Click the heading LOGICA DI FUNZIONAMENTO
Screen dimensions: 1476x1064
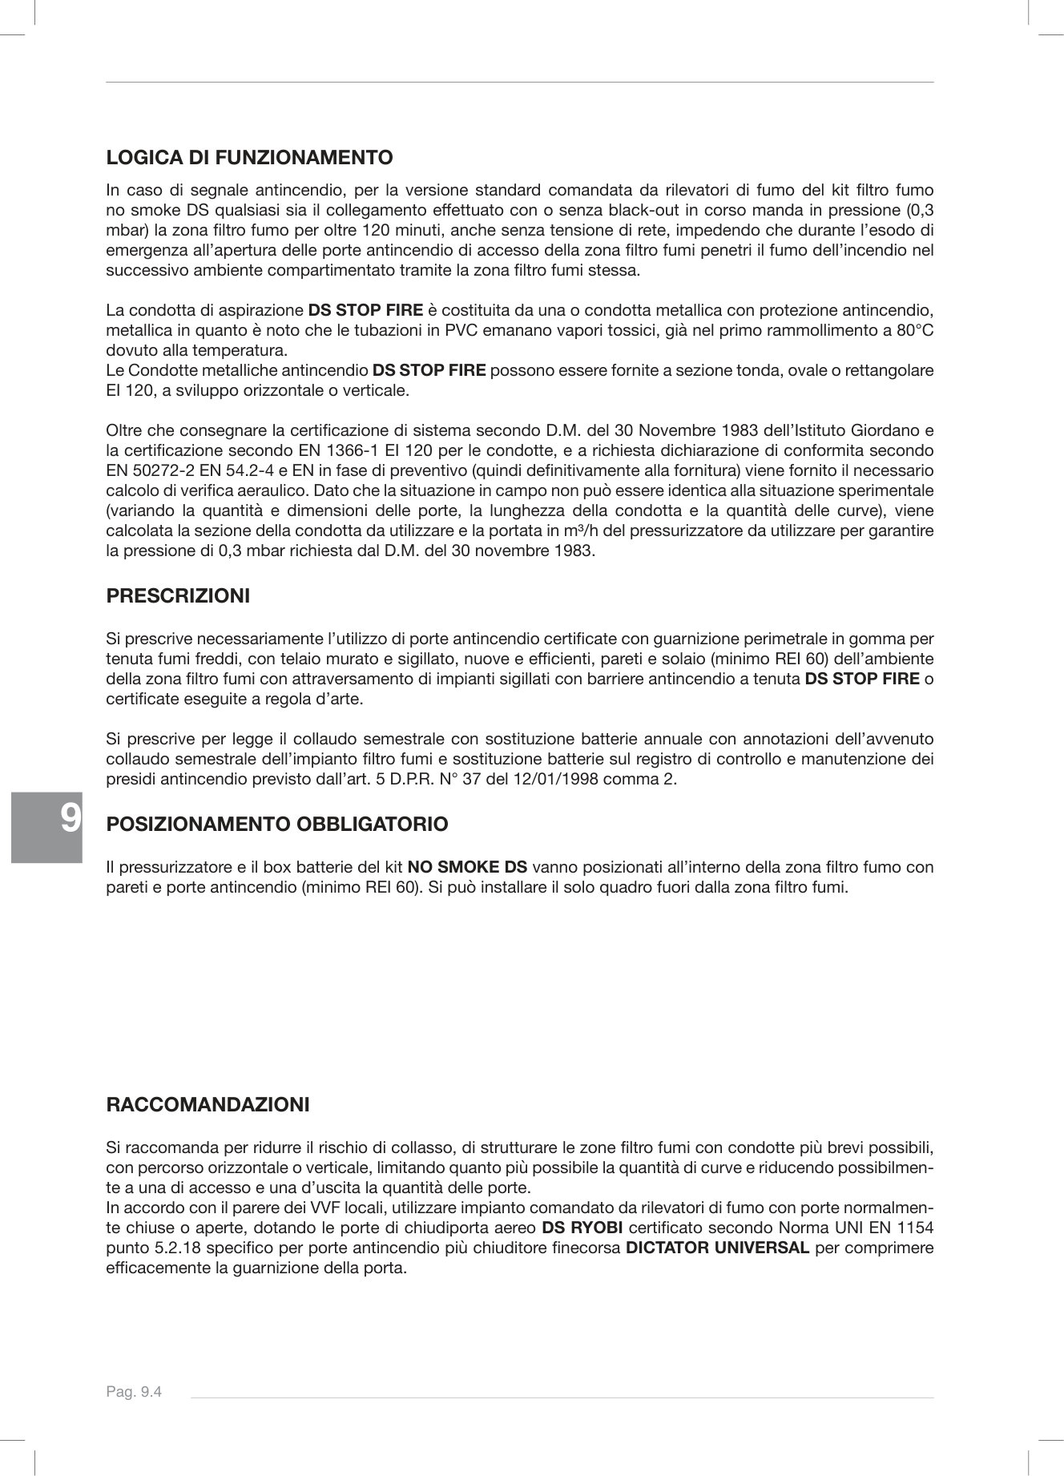pyautogui.click(x=249, y=157)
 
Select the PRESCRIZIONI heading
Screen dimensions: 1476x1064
pyautogui.click(x=178, y=596)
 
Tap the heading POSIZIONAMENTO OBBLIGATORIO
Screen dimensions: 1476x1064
pyautogui.click(x=277, y=824)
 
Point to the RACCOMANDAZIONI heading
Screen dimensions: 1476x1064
pyautogui.click(x=208, y=1104)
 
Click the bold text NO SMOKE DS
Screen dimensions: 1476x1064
pyautogui.click(x=467, y=867)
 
